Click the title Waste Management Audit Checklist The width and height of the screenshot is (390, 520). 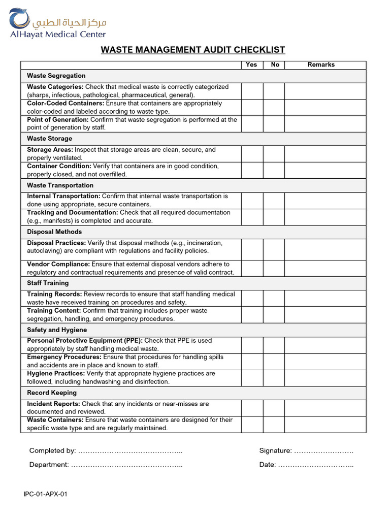193,50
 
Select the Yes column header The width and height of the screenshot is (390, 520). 251,64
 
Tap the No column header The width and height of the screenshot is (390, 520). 275,64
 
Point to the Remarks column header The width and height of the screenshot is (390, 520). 321,64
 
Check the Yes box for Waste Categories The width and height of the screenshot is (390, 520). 252,91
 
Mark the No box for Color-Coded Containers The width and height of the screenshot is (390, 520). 274,107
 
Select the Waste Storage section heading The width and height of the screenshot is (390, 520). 50,139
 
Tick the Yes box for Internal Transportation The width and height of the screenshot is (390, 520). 252,200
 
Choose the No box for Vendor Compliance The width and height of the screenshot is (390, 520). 274,268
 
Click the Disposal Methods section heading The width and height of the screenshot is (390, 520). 54,232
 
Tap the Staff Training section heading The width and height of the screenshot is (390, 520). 48,283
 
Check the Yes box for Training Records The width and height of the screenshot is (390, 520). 252,298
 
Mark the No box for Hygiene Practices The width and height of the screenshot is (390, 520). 274,377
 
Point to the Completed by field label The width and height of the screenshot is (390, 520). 52,450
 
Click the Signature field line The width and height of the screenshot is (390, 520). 323,451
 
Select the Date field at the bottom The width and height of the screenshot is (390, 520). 315,465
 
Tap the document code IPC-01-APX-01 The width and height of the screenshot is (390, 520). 45,495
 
